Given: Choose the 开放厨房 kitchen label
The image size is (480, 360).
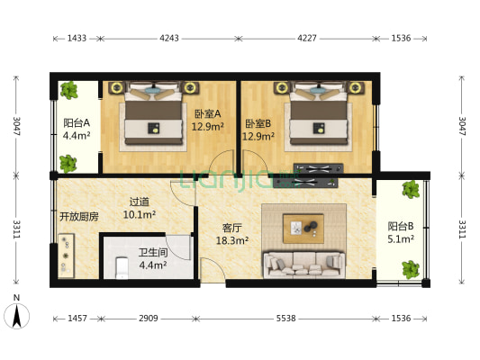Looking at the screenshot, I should click(x=79, y=217).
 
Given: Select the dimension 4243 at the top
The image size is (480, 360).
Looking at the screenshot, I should click(x=168, y=38).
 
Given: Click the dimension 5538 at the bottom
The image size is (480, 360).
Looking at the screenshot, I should click(x=284, y=319).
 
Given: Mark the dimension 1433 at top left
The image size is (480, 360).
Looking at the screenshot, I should click(x=77, y=38).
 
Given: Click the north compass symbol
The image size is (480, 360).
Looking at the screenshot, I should click(x=16, y=314).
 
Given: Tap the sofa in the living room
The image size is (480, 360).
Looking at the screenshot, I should click(x=303, y=264).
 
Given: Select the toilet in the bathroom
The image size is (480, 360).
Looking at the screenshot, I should click(x=122, y=266).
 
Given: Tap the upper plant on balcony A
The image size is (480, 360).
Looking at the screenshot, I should click(x=68, y=90).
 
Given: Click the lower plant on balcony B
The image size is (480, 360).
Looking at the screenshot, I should click(x=411, y=268).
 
